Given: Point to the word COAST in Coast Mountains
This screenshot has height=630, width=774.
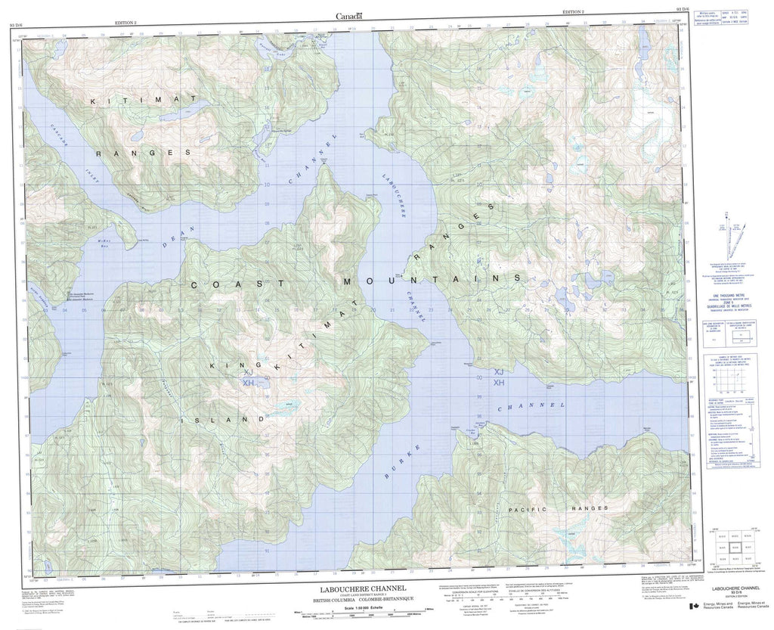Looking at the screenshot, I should [224, 284].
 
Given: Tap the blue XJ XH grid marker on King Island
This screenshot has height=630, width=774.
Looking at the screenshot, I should [249, 377].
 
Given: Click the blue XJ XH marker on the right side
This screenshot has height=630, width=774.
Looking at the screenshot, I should [498, 377].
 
